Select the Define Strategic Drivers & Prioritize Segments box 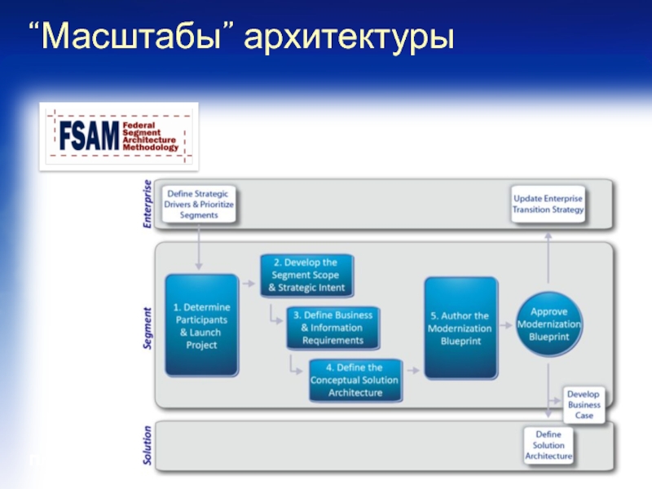(200, 205)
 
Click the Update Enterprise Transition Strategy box (548, 204)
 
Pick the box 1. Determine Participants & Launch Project (201, 326)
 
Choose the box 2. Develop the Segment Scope (306, 275)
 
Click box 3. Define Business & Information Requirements (332, 328)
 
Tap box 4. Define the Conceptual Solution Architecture (356, 381)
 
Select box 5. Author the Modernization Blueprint (460, 328)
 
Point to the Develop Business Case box (584, 404)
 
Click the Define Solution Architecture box (548, 445)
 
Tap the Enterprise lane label (148, 204)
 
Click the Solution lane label (148, 446)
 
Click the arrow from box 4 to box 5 (413, 372)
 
